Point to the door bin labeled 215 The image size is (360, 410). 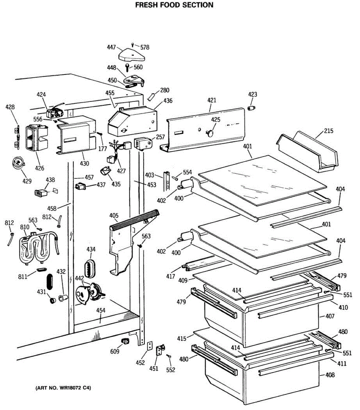[306, 152]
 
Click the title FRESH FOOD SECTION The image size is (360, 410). [174, 5]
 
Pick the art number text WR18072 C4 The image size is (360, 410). [64, 388]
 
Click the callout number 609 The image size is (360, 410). [115, 351]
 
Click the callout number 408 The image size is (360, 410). [330, 375]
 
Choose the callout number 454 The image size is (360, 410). [101, 311]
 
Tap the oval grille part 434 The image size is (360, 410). [90, 268]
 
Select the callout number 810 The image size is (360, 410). [25, 227]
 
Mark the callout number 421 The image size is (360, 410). [212, 100]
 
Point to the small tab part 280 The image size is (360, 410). [151, 97]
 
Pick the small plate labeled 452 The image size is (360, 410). [149, 346]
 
